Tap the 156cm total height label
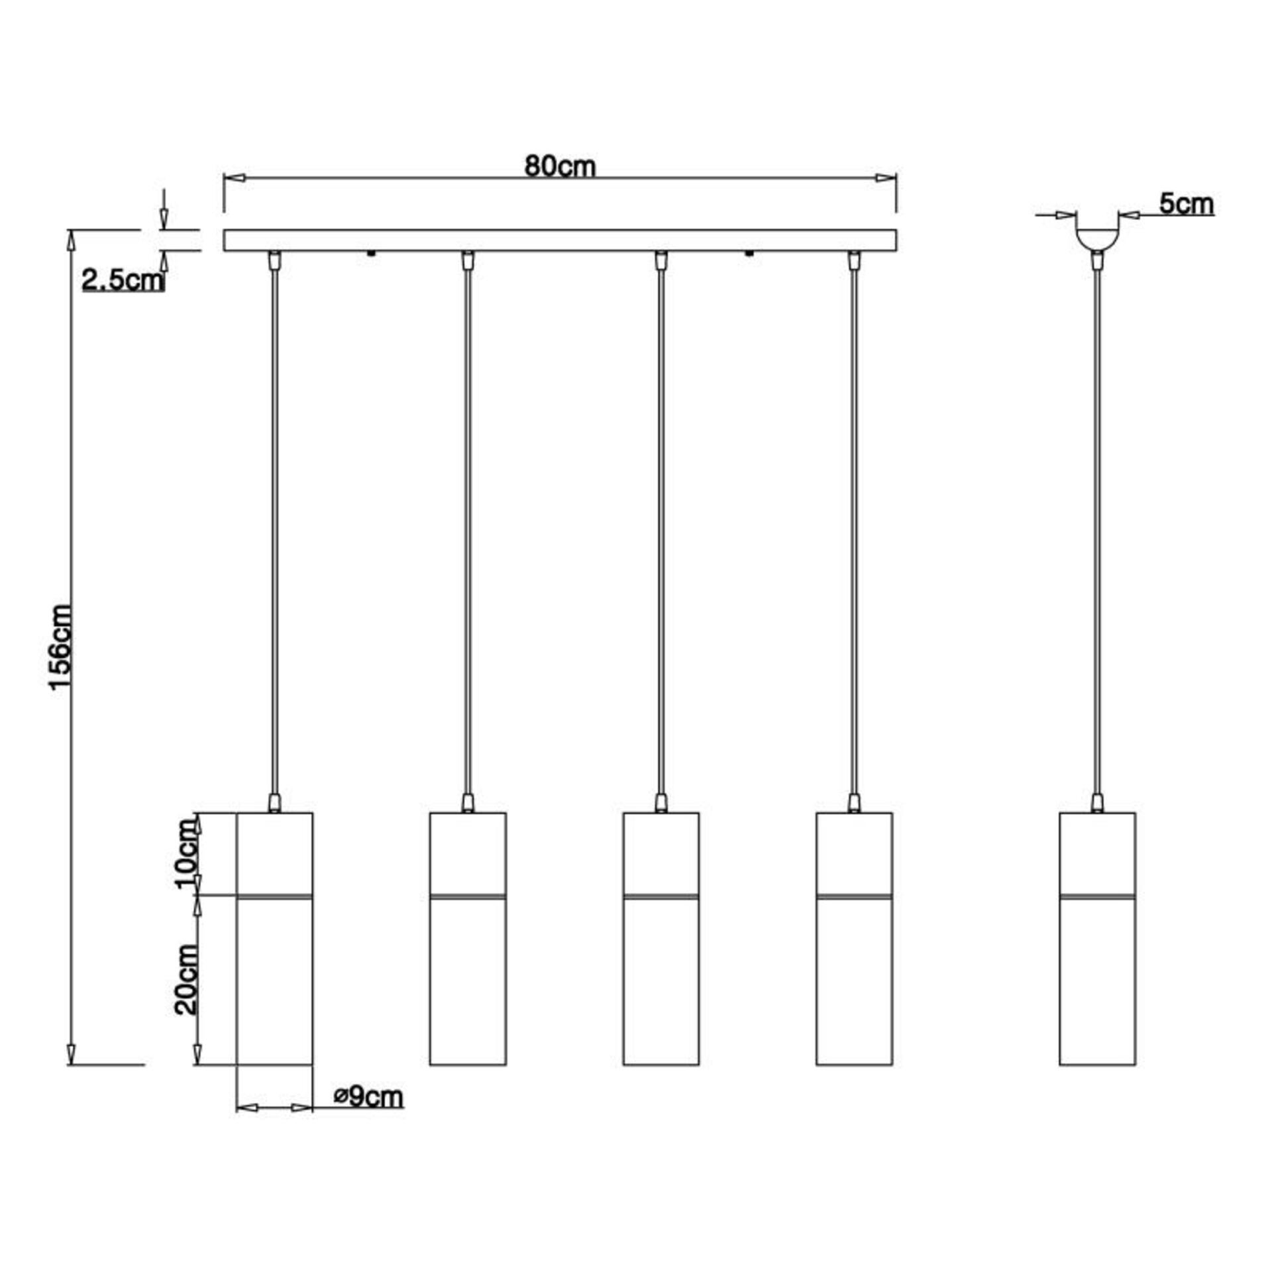click(60, 647)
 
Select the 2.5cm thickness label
click(123, 281)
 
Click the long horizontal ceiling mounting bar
click(560, 240)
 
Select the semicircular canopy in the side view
click(1097, 240)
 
